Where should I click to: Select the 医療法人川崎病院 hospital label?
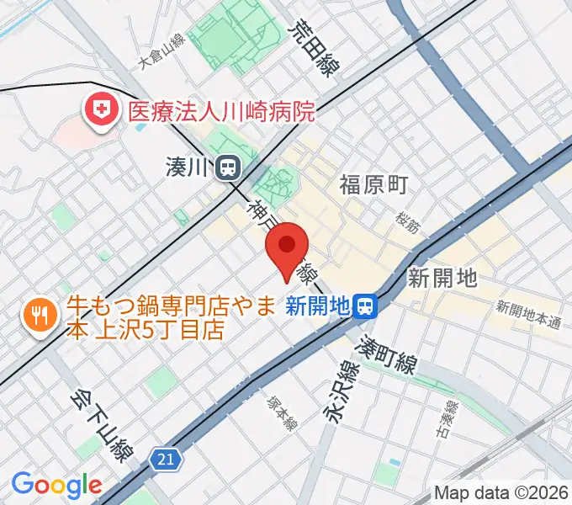(220, 110)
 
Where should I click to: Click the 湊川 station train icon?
(225, 168)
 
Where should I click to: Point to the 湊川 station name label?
(187, 168)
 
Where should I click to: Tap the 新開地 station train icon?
(365, 306)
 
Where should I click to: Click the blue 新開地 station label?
(317, 306)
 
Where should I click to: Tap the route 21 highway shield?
(167, 459)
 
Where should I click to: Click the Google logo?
(56, 485)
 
